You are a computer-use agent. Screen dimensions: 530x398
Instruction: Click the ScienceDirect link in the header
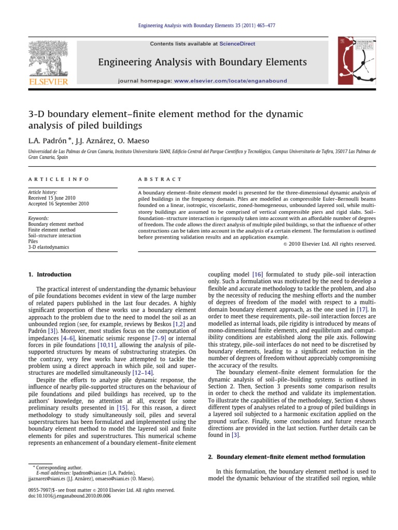click(219, 44)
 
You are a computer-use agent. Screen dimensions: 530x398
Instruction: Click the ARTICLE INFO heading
click(58, 179)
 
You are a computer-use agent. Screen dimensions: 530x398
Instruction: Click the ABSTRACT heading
click(160, 179)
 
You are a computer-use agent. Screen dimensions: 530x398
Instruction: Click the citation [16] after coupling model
click(258, 274)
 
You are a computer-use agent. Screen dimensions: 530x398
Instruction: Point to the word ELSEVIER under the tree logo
click(48, 82)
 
